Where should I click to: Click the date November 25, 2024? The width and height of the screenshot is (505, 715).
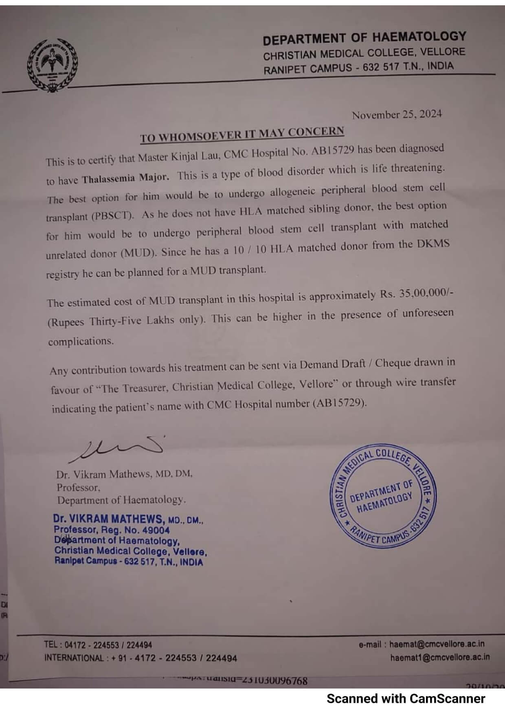(397, 114)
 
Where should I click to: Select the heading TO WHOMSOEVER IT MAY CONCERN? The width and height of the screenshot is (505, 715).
(242, 134)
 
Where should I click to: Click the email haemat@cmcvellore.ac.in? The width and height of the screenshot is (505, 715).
(437, 644)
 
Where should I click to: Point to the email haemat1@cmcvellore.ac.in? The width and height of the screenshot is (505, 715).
(439, 657)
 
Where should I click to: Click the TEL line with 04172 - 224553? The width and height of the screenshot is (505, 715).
(98, 645)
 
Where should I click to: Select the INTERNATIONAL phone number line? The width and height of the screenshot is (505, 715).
(141, 658)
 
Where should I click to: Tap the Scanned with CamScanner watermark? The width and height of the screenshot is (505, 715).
(406, 699)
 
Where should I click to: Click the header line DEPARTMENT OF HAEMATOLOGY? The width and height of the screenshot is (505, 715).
(364, 38)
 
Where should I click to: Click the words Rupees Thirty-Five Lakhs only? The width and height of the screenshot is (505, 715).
(127, 321)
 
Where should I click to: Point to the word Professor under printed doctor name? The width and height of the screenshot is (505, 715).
(78, 487)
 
